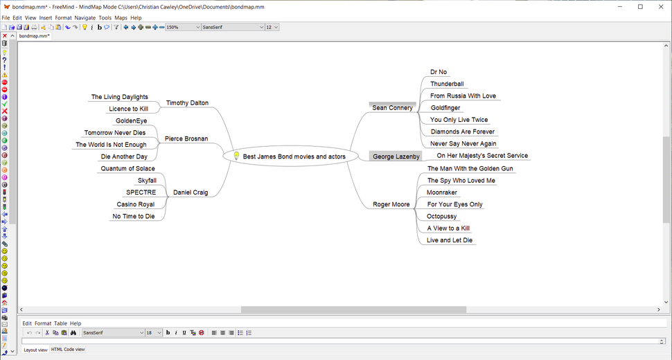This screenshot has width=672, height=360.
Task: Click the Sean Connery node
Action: (392, 108)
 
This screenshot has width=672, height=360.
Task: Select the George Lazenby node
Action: (396, 156)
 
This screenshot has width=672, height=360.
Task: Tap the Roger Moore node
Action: (392, 205)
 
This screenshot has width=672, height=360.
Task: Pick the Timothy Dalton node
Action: (187, 103)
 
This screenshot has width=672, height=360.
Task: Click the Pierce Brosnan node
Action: (186, 138)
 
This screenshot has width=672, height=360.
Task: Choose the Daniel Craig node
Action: (191, 192)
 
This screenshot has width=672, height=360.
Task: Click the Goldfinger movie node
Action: (445, 108)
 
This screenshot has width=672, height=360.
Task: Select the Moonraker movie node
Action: (442, 192)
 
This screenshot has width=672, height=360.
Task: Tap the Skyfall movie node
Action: (147, 181)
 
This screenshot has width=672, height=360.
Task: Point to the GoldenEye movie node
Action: (132, 121)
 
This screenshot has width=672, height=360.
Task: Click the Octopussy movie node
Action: (443, 217)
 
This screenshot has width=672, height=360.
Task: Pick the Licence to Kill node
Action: (128, 109)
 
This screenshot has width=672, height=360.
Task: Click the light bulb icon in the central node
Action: (236, 156)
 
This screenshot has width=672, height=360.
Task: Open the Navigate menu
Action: (85, 17)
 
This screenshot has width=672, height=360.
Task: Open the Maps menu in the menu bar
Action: (121, 17)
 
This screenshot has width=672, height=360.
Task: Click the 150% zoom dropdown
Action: (183, 27)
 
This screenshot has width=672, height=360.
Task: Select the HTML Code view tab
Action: (68, 350)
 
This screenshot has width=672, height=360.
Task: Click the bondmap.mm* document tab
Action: (34, 36)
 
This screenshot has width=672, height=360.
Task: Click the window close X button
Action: (660, 6)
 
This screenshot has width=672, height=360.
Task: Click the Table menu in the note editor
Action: (61, 323)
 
